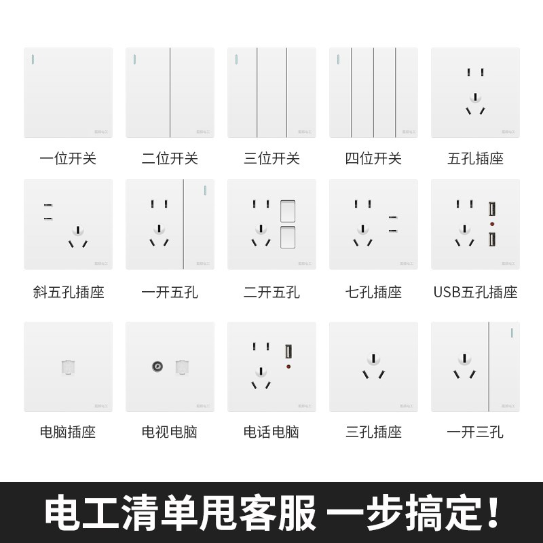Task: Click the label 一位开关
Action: (68, 159)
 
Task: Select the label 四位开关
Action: (373, 159)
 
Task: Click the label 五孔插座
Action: (475, 159)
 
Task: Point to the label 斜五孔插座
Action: (68, 293)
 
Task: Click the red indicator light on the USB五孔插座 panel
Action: (490, 224)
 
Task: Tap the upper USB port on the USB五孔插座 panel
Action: (490, 209)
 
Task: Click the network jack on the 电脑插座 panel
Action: (68, 367)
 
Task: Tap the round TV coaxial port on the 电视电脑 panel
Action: (157, 367)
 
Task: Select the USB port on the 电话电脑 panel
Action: (288, 352)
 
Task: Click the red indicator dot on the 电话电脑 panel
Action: (288, 367)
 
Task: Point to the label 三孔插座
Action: (373, 432)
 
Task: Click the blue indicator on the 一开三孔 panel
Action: (508, 333)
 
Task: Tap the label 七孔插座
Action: (373, 293)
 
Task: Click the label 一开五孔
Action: (170, 293)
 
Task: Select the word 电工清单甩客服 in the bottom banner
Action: (181, 514)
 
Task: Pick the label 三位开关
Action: (271, 159)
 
